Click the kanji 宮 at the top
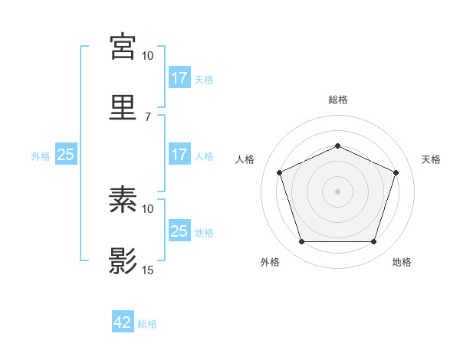pos(123,47)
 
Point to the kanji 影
pos(123,261)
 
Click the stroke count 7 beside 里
pos(147,116)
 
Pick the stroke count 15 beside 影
pos(148,270)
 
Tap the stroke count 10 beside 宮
pos(148,56)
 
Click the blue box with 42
pos(123,323)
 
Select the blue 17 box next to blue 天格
pos(179,78)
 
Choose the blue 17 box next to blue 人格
pos(179,155)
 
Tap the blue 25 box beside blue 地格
pos(179,231)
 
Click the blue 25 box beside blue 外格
pos(66,155)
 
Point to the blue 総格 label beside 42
pos(147,324)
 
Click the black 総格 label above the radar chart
pos(337,100)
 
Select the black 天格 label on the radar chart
pos(431,159)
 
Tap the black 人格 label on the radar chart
pos(245,159)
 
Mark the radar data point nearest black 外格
pos(301,242)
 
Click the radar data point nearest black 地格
pos(373,242)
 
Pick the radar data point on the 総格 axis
pos(337,146)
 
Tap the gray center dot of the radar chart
pos(337,191)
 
